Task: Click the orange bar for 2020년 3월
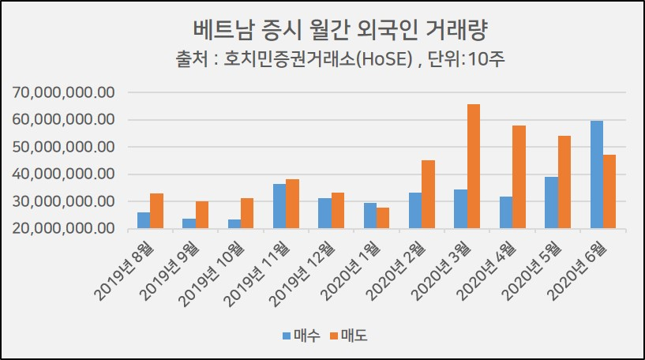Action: (474, 167)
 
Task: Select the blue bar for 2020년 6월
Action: (597, 174)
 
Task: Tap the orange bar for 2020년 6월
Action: (609, 192)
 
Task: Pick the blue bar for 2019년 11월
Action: (279, 206)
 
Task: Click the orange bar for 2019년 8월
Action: (156, 211)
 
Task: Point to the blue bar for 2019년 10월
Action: (234, 224)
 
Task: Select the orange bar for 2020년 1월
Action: (383, 218)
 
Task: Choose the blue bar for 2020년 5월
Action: (551, 202)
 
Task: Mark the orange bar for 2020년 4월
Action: (519, 177)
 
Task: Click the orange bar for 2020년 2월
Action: (428, 194)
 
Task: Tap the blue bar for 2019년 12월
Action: (324, 213)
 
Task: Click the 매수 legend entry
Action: (302, 336)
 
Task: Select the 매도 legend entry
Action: (349, 336)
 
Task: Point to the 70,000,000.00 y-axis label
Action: (63, 92)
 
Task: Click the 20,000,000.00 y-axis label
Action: (63, 228)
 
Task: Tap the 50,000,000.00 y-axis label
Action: (63, 147)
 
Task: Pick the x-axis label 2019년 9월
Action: (171, 272)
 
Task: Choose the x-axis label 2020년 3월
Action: (441, 272)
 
